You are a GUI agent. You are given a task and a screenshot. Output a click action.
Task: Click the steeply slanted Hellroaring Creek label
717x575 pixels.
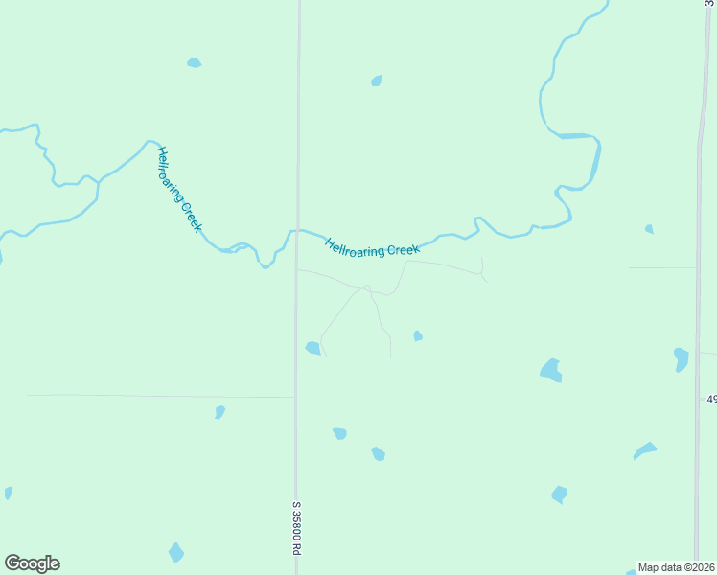pos(179,189)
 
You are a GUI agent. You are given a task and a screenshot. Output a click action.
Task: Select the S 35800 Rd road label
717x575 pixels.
pos(297,530)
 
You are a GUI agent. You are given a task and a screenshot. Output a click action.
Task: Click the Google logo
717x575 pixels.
pos(32,563)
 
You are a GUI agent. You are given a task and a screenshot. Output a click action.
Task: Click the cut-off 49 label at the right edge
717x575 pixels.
pos(711,398)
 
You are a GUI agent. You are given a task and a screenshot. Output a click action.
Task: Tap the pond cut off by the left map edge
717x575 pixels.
pos(8,493)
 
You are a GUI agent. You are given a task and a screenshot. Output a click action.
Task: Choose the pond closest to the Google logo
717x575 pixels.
pos(175,553)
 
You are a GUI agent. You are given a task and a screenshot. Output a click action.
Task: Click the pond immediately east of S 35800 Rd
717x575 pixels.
pos(312,348)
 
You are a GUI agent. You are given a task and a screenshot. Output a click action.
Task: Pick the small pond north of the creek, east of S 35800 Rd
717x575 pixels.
pos(377,80)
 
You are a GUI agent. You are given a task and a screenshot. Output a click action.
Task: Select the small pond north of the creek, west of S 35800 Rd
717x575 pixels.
pos(195,63)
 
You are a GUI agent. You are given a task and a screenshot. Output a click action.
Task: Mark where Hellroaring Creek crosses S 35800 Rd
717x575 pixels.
pos(297,231)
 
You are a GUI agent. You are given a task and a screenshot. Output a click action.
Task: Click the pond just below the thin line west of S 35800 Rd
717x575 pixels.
pos(220,412)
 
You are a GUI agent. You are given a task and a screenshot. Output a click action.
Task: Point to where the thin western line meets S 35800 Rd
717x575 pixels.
pos(295,396)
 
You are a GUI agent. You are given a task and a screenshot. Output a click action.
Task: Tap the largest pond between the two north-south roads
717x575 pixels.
pos(550,370)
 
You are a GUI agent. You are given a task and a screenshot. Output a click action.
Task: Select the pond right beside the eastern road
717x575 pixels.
pos(681,358)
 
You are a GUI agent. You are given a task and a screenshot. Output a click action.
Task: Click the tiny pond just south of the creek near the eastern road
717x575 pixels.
pos(649,229)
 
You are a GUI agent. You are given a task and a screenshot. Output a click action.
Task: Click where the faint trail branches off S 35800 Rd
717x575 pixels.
pos(298,270)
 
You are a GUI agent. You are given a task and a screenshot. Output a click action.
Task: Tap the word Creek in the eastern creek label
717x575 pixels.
pos(403,250)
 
